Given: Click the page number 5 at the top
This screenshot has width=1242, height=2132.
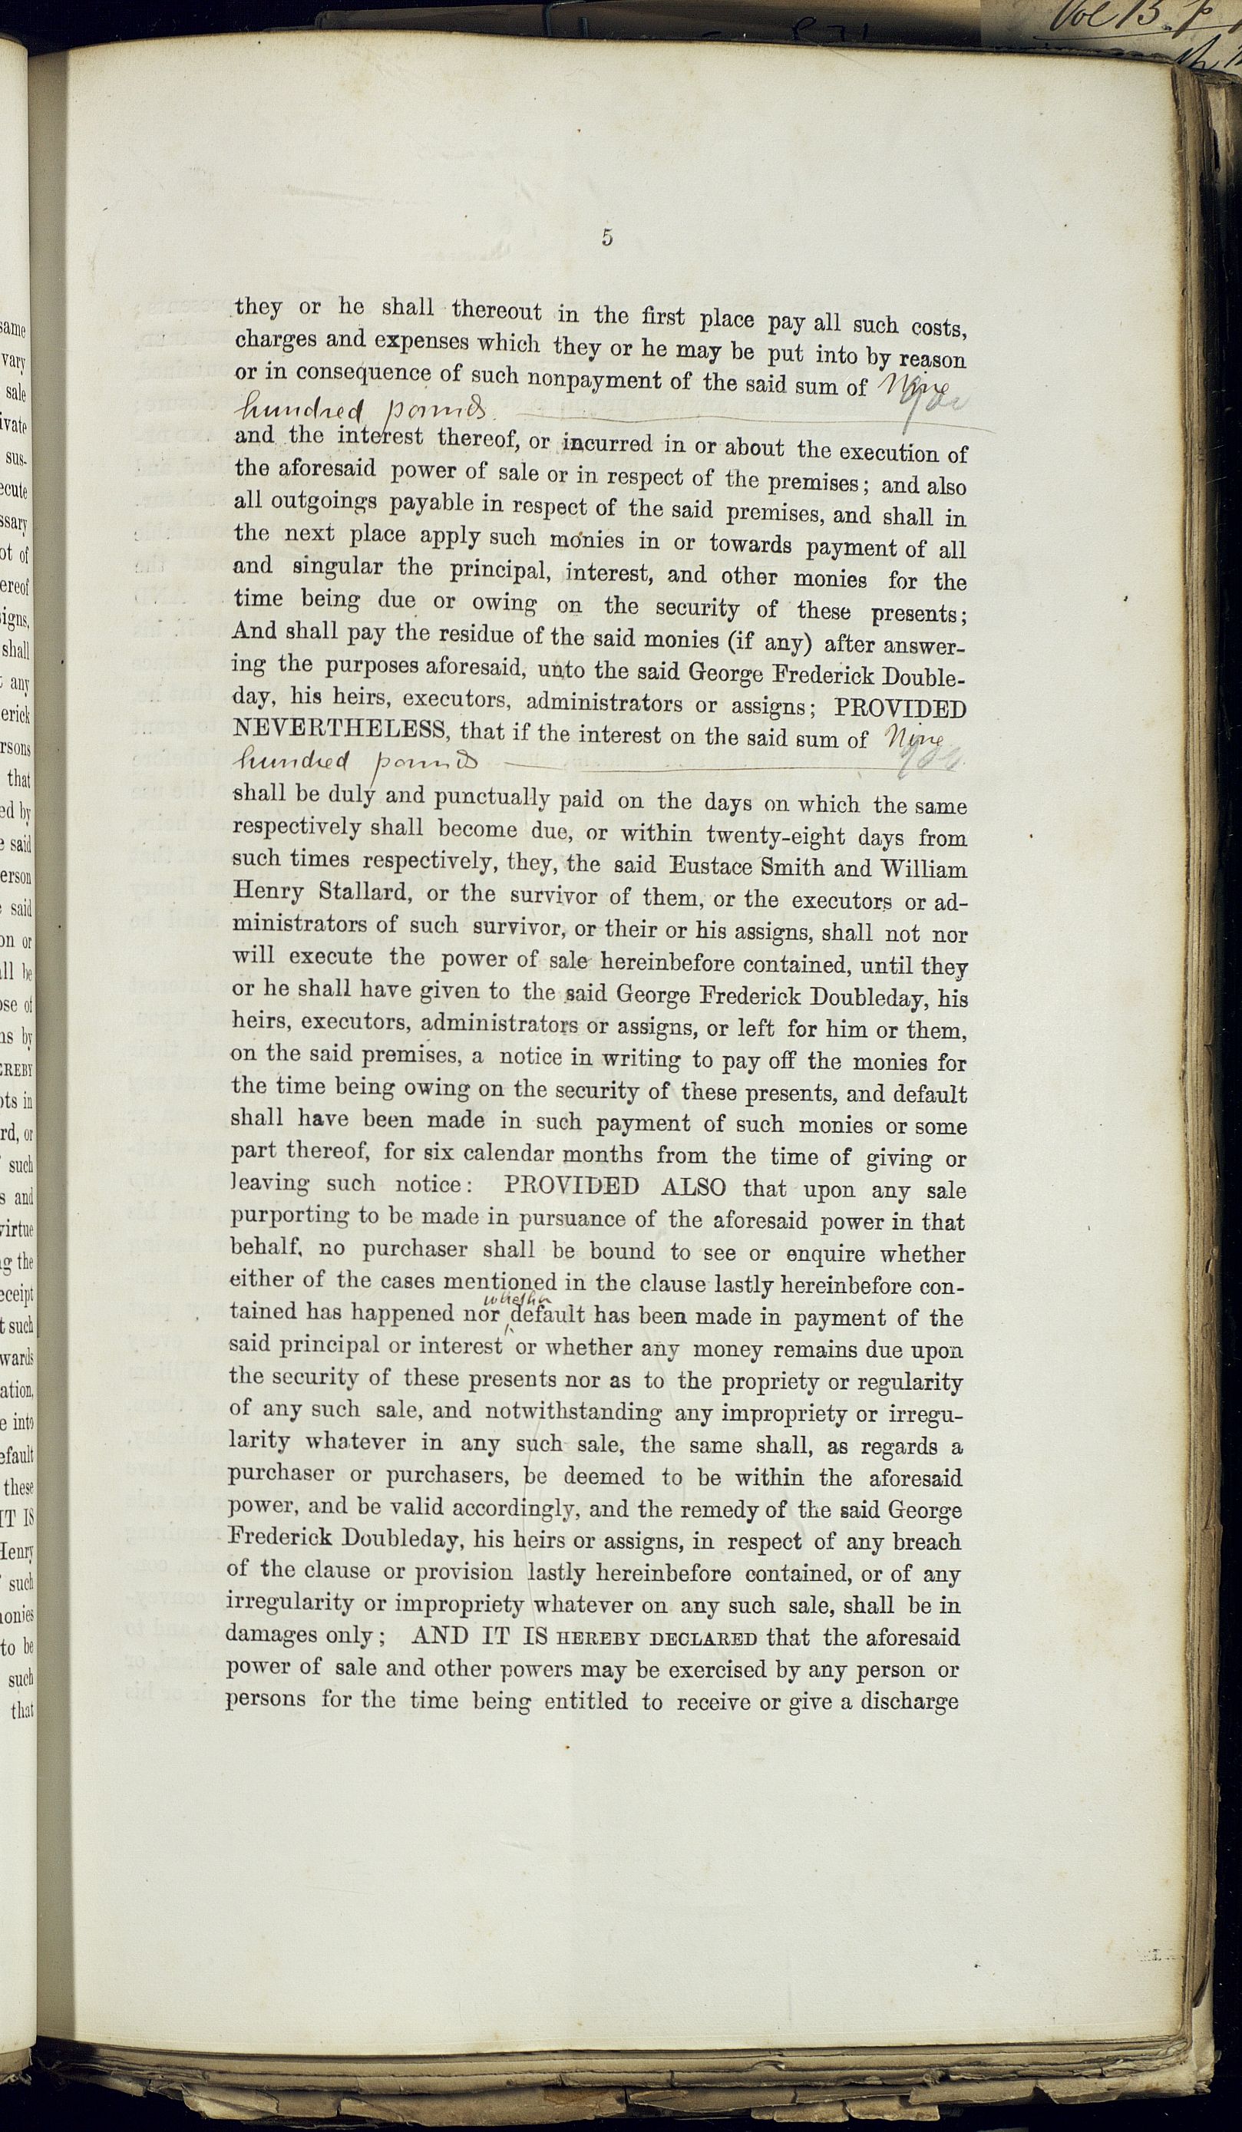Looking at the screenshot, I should click(606, 238).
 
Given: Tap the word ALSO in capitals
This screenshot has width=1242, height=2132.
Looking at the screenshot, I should click(693, 1186).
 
